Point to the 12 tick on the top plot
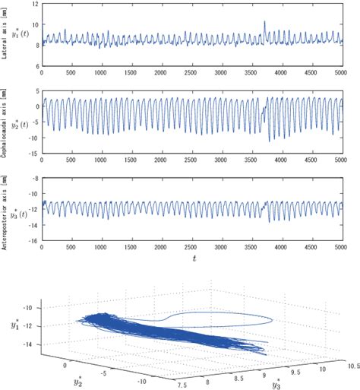[x=34, y=5]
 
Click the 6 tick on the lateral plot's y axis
[x=36, y=67]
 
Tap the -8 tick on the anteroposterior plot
[x=34, y=178]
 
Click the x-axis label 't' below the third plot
[x=194, y=258]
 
